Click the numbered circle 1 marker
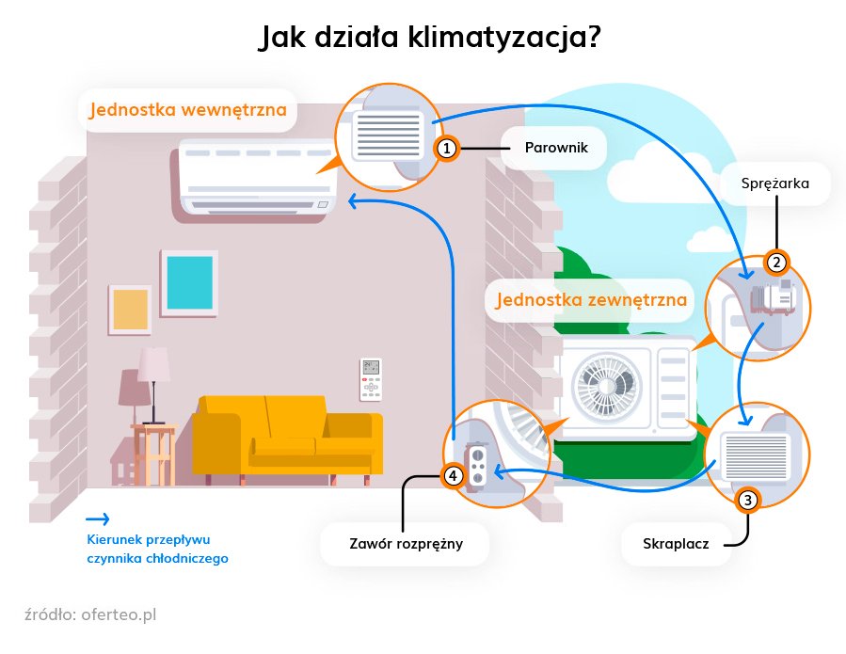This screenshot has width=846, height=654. click(448, 149)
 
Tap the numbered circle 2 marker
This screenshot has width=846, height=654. click(776, 263)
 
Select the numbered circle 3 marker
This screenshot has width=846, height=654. click(747, 501)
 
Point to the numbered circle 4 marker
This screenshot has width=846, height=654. click(454, 476)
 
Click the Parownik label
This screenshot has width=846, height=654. click(551, 149)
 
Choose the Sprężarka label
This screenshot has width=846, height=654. click(776, 183)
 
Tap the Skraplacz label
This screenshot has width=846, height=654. click(676, 544)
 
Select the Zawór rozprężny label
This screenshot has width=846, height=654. click(405, 544)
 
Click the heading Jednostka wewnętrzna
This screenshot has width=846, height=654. click(187, 110)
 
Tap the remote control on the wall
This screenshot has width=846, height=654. click(371, 378)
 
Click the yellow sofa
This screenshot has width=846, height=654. click(287, 438)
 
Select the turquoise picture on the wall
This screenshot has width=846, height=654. click(189, 281)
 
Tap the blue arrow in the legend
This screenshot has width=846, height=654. click(97, 518)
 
